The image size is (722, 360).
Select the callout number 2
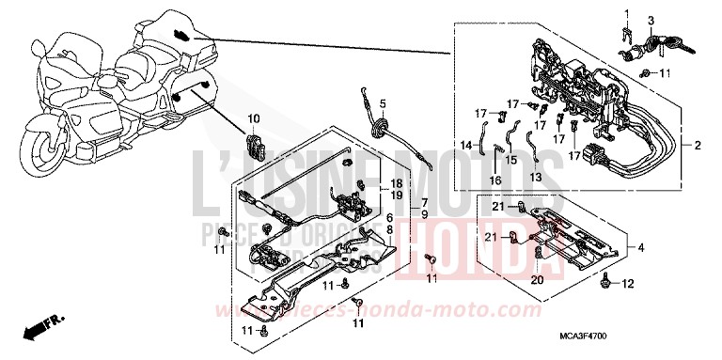tap(698, 146)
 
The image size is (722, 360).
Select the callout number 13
tap(536, 176)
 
